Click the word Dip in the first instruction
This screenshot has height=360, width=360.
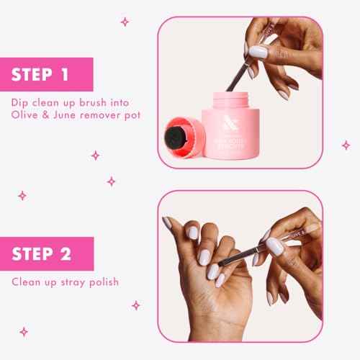coord(21,102)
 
